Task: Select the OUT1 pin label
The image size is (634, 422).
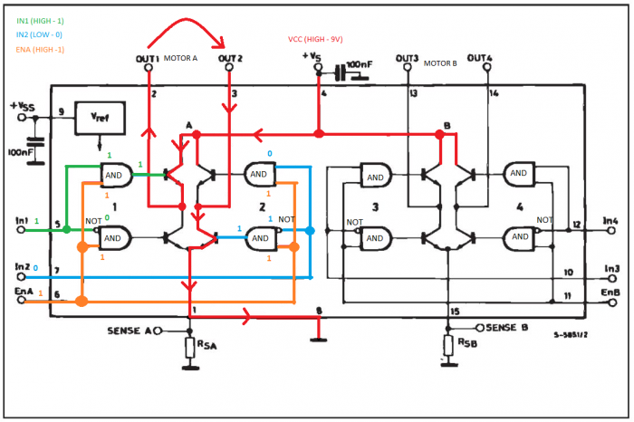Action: (x=148, y=59)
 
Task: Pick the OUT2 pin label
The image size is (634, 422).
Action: (x=231, y=59)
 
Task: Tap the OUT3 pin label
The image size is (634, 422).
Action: (x=407, y=59)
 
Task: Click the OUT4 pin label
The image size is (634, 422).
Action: (x=480, y=59)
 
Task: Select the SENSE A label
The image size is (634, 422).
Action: (x=130, y=331)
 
